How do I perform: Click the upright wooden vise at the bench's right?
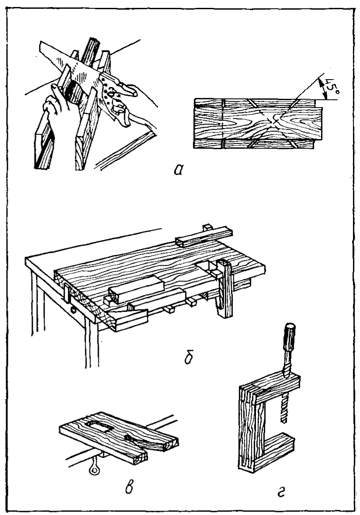[225, 289]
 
